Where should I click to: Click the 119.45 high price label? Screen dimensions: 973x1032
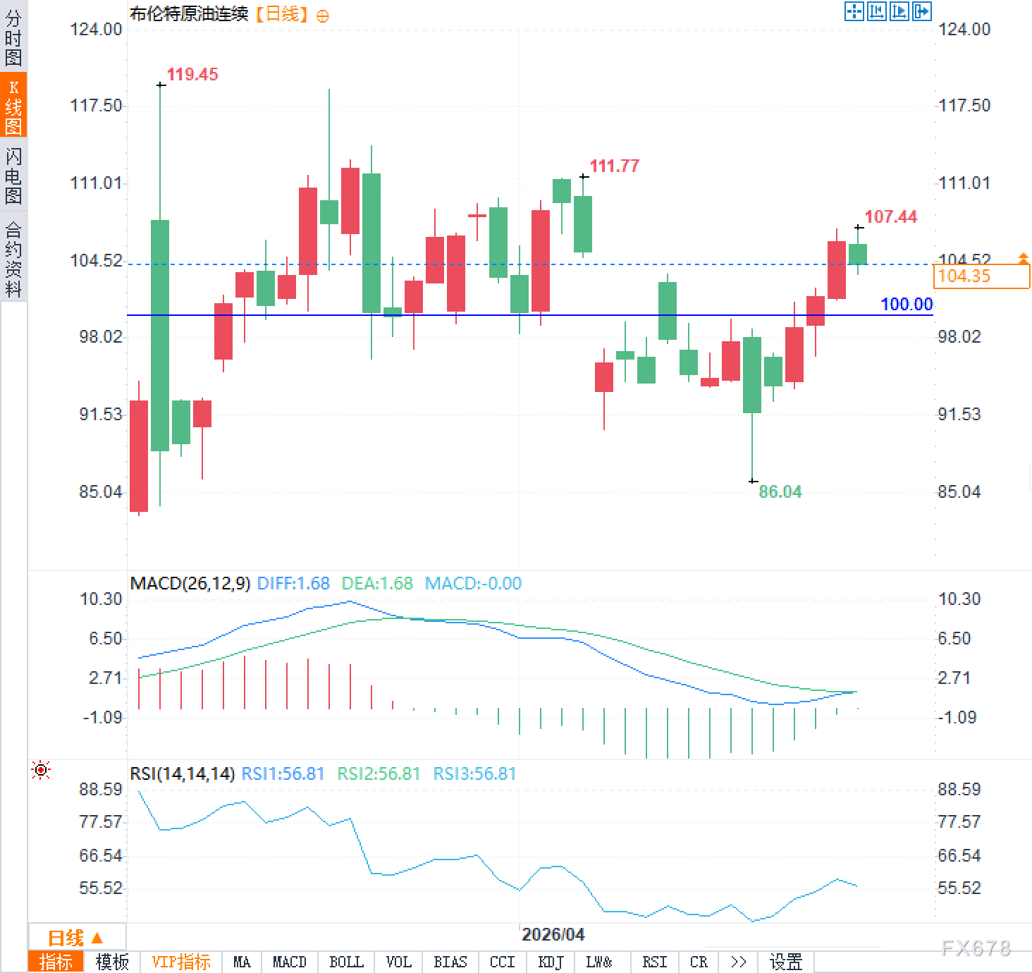click(x=192, y=75)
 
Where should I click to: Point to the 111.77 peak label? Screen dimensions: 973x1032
click(x=614, y=166)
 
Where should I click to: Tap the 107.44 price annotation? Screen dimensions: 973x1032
click(x=890, y=217)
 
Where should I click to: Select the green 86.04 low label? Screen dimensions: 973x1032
click(x=780, y=492)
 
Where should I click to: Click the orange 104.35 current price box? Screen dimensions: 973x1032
click(x=981, y=276)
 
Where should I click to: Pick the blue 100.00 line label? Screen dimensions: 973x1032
click(x=906, y=305)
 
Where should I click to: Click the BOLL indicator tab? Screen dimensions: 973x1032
click(x=346, y=962)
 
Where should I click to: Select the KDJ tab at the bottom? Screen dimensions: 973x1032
click(x=551, y=962)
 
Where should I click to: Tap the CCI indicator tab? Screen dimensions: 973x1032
click(x=502, y=962)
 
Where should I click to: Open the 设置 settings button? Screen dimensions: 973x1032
click(x=785, y=962)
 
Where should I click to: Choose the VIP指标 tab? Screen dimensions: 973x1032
click(x=181, y=962)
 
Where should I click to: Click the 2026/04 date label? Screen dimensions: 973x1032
click(x=553, y=935)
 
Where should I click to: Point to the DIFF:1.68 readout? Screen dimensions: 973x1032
click(x=293, y=584)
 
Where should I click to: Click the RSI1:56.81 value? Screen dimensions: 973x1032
click(x=283, y=774)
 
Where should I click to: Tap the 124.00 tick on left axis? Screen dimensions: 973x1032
click(x=96, y=30)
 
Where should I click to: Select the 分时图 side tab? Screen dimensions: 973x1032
click(x=13, y=37)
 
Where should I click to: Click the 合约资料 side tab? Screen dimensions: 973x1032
click(x=13, y=259)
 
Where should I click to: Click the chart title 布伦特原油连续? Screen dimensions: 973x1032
click(x=189, y=14)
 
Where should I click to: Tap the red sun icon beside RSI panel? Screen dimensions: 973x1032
click(x=41, y=771)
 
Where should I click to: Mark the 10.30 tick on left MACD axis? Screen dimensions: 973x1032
click(x=101, y=599)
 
